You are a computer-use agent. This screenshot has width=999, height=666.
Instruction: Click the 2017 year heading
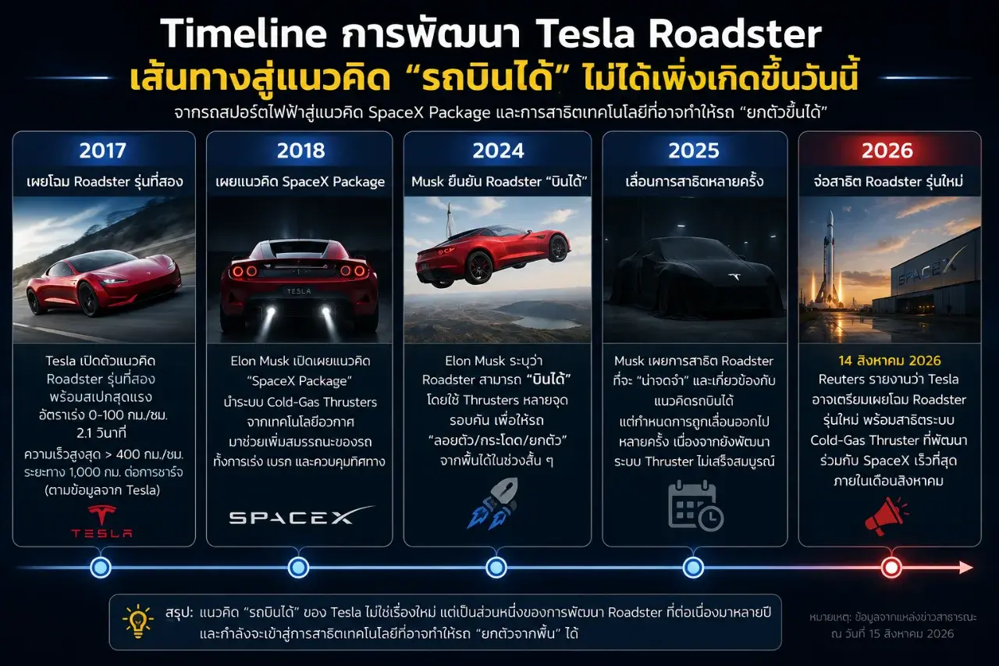tap(103, 151)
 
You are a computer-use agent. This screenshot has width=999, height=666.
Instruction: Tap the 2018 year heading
tap(300, 151)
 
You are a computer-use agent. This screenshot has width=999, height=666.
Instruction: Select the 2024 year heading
tap(498, 151)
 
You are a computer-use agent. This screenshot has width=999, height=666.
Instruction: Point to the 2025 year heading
tap(694, 151)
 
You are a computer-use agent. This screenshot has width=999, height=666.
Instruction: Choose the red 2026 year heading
tap(887, 151)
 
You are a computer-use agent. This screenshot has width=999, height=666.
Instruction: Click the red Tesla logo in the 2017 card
tap(102, 521)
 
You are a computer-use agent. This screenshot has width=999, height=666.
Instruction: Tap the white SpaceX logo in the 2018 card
tap(301, 515)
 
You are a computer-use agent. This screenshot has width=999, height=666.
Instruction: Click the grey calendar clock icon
tap(695, 505)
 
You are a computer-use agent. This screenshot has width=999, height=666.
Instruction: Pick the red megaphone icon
tap(886, 515)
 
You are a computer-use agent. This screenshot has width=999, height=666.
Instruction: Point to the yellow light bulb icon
tap(138, 621)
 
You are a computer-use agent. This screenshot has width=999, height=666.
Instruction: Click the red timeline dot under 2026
tap(891, 568)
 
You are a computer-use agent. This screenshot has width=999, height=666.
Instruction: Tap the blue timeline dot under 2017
tap(101, 568)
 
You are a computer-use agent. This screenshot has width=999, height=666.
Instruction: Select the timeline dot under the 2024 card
tap(496, 568)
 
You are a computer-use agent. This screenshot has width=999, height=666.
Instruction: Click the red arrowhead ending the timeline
tap(965, 568)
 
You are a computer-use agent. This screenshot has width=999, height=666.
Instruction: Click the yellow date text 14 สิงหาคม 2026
tap(889, 361)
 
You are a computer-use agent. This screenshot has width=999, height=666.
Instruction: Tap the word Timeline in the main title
tap(244, 34)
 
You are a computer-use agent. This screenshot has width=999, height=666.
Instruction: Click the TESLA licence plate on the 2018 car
tap(299, 291)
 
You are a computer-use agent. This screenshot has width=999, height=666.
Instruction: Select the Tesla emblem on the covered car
tap(734, 276)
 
